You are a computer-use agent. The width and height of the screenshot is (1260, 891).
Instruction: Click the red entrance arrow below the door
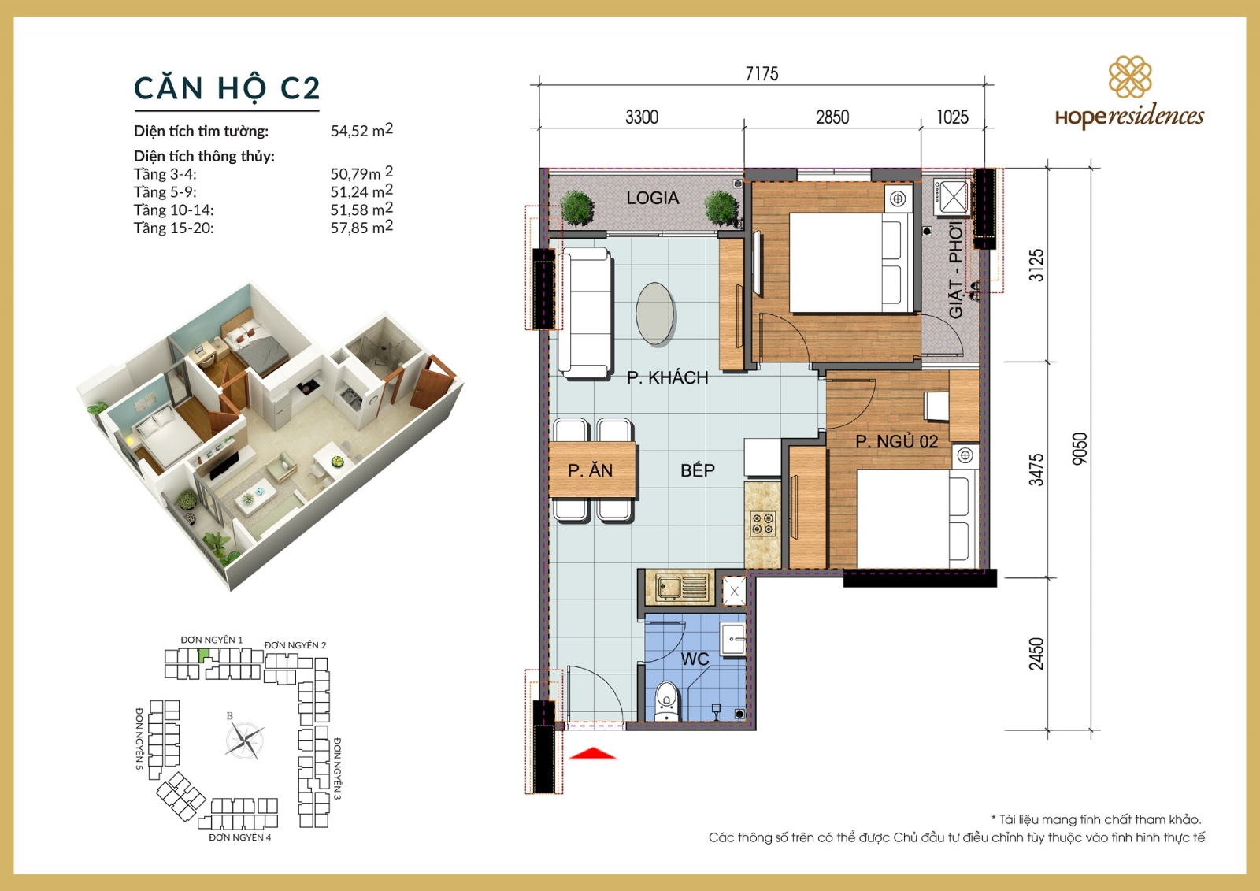pos(592,754)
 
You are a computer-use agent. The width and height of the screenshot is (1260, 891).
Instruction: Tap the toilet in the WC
pos(666,700)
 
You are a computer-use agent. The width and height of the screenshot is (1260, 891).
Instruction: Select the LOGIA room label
pos(652,198)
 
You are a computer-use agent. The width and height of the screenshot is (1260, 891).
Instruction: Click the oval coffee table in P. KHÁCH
pos(655,314)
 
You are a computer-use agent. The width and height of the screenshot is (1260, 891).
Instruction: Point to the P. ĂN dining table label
pos(590,470)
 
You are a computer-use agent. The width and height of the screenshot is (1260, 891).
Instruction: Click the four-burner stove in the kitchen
pos(762,524)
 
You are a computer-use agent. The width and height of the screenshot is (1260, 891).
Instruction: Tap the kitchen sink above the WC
pos(679,588)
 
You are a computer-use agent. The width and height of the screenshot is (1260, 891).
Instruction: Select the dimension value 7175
pos(762,74)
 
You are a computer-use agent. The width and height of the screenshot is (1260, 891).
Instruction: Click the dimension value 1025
pos(952,117)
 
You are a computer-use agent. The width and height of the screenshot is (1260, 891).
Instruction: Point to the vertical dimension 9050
pos(1080,448)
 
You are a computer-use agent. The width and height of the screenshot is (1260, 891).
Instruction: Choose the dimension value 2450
pos(1036,653)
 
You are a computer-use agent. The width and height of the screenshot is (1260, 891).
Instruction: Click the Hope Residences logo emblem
pos(1130,77)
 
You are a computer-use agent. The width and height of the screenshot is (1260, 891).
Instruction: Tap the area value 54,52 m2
pos(361,130)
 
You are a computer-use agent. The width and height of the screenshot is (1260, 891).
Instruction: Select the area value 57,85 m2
pos(361,228)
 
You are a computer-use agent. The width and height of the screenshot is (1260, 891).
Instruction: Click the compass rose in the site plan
pos(244,740)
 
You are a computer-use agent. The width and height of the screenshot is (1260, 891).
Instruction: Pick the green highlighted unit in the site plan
pos(204,654)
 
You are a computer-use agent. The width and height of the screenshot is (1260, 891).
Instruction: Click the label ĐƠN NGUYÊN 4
pos(239,837)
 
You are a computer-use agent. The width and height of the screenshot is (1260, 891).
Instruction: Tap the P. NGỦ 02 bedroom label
pos(896,442)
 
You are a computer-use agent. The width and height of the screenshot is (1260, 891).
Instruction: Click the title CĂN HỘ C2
pos(227,88)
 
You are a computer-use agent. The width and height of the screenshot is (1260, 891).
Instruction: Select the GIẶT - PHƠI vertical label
pos(955,270)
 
